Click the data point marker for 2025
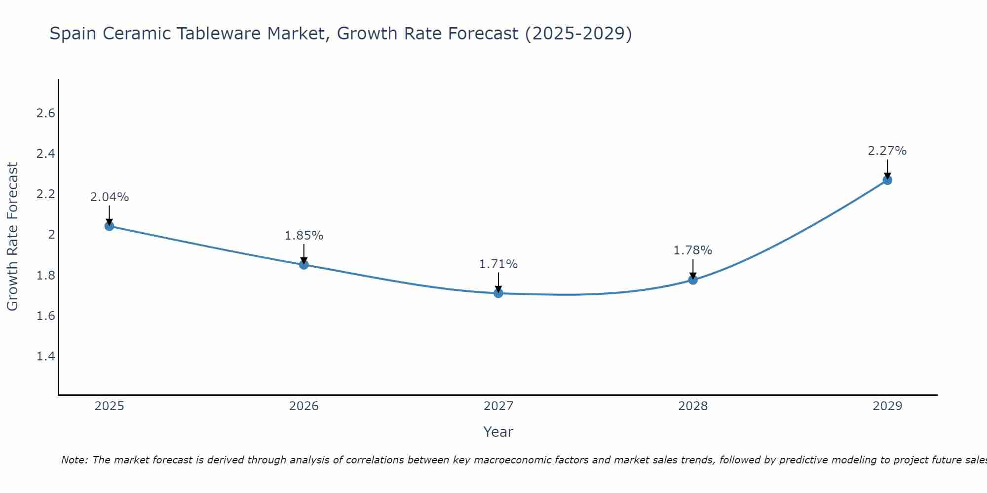pos(109,226)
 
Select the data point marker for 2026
pos(304,265)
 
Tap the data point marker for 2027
pos(498,293)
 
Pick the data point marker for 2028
pos(693,280)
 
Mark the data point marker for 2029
pos(887,180)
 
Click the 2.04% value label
pos(109,197)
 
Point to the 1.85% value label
pos(304,236)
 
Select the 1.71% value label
pos(498,264)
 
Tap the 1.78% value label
pos(693,250)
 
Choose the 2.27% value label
pos(887,151)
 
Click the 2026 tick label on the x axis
pos(304,406)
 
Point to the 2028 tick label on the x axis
pos(693,406)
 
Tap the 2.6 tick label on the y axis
pos(45,113)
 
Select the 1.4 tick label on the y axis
pos(45,356)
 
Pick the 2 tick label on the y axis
pos(51,235)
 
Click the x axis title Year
pos(498,432)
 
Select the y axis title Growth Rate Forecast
pos(12,237)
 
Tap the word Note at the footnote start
pos(74,460)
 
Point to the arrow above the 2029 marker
pos(887,169)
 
